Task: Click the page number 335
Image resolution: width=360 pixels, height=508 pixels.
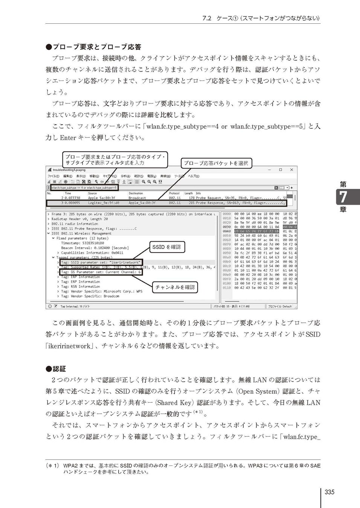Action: [x=329, y=492]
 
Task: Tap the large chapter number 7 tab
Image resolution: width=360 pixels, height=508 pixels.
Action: [x=343, y=197]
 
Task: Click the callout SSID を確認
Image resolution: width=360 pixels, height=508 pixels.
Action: [x=166, y=247]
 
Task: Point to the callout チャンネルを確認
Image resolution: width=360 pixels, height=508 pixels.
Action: [x=175, y=287]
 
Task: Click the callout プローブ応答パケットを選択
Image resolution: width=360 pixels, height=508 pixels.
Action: [x=216, y=163]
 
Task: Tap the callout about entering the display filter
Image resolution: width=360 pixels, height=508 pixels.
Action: [x=115, y=159]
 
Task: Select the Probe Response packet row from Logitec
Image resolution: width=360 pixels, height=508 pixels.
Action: [x=166, y=203]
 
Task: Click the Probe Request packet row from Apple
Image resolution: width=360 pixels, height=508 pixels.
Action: [x=166, y=198]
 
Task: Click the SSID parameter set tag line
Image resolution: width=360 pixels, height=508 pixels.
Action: [x=101, y=262]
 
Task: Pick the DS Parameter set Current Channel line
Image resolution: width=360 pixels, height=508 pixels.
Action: [x=101, y=272]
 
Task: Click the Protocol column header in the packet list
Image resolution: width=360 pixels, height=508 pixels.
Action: [x=174, y=193]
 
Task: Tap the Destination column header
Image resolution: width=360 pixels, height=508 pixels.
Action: [x=136, y=193]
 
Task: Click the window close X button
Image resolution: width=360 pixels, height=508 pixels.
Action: [x=292, y=170]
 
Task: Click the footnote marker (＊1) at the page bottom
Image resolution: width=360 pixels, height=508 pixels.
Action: [x=52, y=465]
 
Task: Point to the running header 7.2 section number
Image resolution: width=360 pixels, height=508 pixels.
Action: [x=207, y=18]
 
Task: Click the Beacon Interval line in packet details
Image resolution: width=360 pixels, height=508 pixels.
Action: [x=95, y=248]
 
